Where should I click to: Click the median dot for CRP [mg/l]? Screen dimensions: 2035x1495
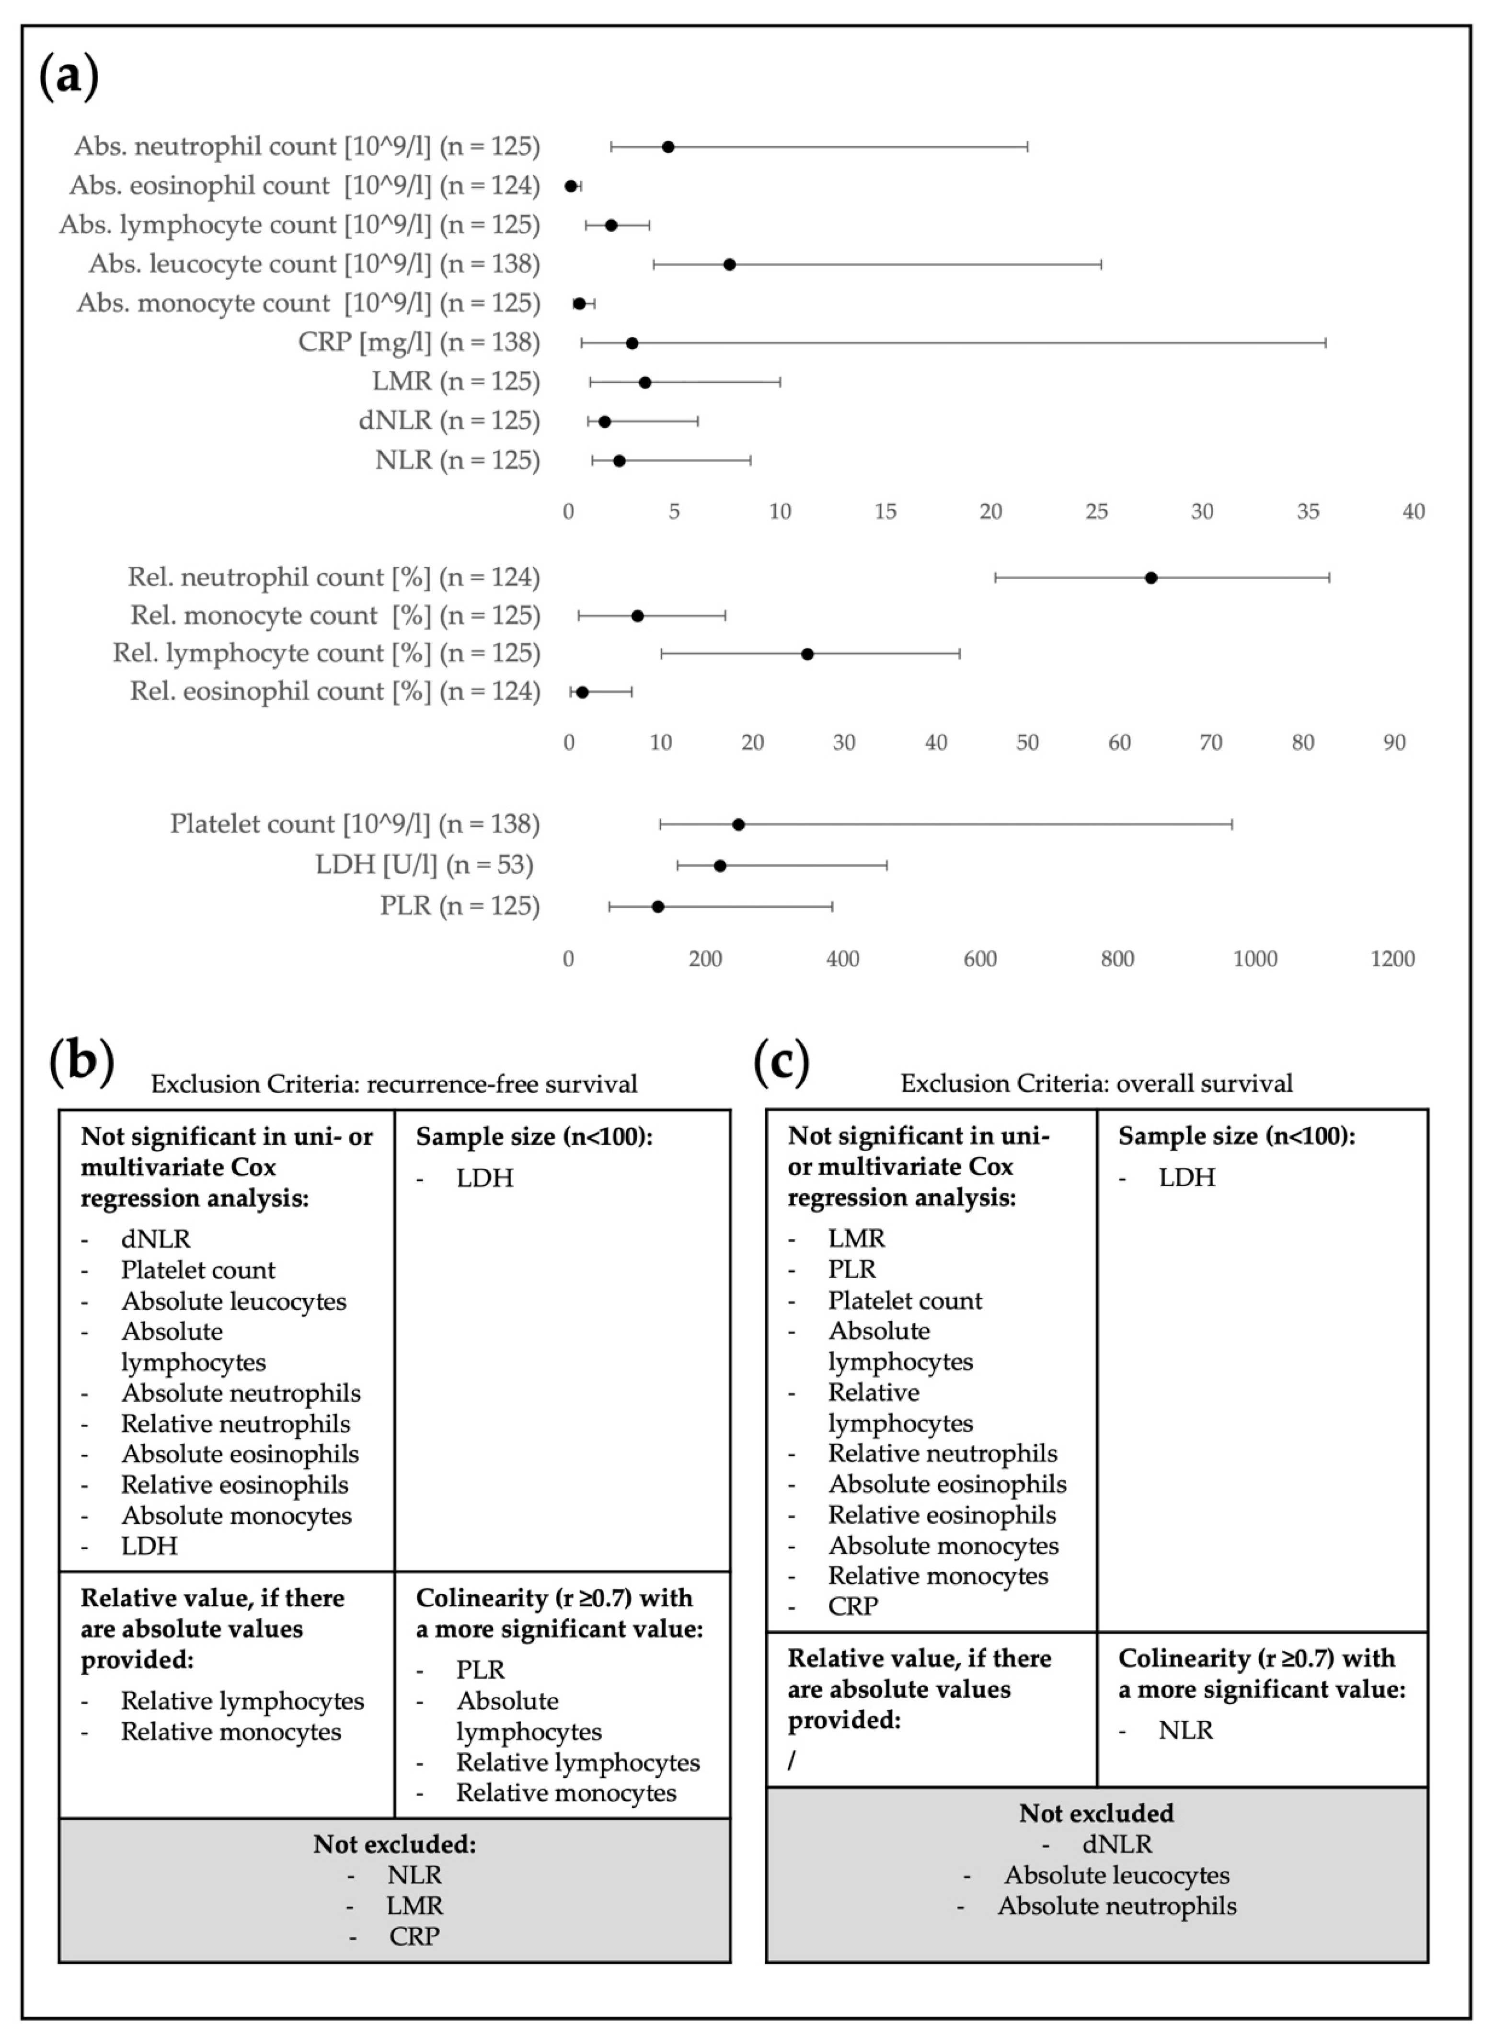tap(632, 343)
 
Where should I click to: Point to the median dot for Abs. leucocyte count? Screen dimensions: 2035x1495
tap(729, 264)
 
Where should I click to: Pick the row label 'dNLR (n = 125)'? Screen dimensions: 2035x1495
tap(449, 421)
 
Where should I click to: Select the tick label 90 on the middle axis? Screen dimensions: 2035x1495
tap(1393, 743)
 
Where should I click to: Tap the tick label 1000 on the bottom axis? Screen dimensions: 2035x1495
tap(1255, 959)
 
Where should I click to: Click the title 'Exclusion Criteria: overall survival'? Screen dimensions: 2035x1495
tap(1096, 1083)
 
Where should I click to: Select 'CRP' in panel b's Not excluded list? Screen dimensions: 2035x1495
tap(414, 1935)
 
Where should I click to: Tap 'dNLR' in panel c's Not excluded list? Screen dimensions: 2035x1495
tap(1117, 1843)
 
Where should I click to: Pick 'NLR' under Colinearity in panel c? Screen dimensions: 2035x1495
tap(1185, 1729)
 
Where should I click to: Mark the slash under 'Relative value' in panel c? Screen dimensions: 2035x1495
tap(792, 1760)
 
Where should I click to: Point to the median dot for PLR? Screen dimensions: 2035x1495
tap(658, 907)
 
